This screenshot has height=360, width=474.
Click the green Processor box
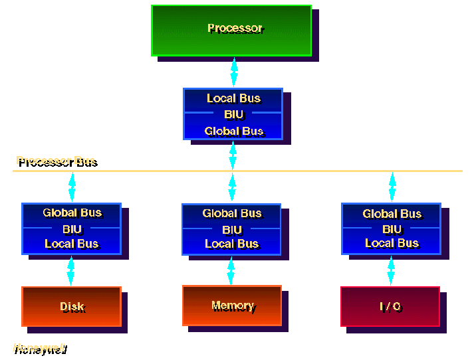tap(231, 30)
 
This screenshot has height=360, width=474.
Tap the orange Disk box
tap(72, 306)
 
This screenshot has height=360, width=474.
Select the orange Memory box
tap(232, 306)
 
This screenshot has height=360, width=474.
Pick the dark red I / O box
tap(390, 306)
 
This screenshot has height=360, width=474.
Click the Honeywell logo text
tap(39, 348)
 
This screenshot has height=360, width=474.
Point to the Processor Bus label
tap(56, 161)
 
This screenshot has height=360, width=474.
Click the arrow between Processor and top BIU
tap(234, 72)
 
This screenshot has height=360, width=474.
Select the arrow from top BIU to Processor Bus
tap(233, 155)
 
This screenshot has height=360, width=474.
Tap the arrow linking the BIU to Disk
tap(71, 270)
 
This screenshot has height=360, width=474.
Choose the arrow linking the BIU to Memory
tap(231, 270)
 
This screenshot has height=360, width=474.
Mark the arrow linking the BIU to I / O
tap(391, 270)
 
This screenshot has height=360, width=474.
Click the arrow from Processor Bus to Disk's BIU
tap(72, 187)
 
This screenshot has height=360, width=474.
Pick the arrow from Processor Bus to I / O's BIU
tap(392, 187)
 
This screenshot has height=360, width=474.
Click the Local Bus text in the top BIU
tap(233, 98)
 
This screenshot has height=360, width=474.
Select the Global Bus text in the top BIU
tap(233, 131)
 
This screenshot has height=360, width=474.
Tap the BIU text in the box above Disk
tap(72, 228)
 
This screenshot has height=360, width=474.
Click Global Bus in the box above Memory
tap(232, 213)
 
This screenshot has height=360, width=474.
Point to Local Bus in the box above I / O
tap(392, 243)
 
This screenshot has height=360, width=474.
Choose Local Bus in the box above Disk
tap(72, 244)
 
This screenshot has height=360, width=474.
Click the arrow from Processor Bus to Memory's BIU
tap(232, 187)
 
